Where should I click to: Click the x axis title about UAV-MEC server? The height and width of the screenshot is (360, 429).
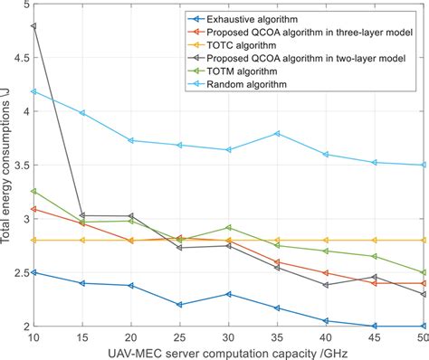coord(227,353)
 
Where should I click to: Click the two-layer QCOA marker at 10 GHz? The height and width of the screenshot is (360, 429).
coord(33,26)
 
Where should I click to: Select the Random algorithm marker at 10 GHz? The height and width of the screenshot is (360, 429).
coord(33,91)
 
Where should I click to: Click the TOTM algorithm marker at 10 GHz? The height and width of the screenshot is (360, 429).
coord(33,191)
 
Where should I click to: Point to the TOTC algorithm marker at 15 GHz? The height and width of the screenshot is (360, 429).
coord(82,241)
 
